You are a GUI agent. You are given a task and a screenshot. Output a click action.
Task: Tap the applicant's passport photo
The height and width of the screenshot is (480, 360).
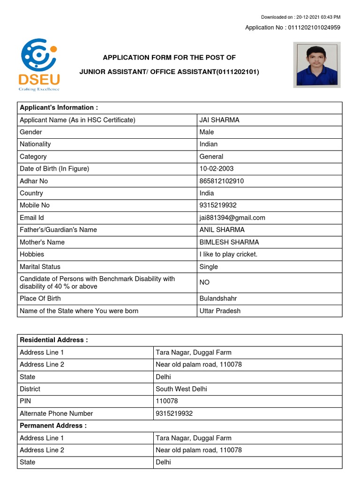(x=317, y=65)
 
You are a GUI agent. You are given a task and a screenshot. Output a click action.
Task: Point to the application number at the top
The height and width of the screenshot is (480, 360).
(x=292, y=28)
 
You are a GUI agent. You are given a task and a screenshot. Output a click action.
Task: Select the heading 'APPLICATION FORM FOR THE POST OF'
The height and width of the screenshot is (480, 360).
(x=169, y=58)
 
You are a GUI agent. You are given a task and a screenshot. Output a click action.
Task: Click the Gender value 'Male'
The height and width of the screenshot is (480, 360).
(x=207, y=132)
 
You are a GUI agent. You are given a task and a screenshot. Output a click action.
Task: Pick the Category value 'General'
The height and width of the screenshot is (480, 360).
(x=211, y=157)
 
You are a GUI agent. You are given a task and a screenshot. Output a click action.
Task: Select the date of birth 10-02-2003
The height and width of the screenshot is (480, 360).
(x=217, y=169)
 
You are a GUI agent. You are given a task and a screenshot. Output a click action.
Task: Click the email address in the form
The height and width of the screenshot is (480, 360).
(x=232, y=217)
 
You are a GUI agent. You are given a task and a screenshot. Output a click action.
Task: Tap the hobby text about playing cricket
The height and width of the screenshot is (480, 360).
(x=228, y=254)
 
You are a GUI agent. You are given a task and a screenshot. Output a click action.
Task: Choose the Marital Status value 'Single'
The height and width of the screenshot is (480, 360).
(x=209, y=267)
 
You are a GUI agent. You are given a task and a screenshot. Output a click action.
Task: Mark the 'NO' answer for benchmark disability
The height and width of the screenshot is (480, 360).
(x=205, y=282)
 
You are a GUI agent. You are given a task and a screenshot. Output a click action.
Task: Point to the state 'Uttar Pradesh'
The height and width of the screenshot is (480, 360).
(x=220, y=311)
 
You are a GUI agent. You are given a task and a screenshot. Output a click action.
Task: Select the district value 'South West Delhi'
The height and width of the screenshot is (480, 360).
(x=181, y=389)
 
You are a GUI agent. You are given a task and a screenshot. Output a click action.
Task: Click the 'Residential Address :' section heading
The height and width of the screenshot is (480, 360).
(x=54, y=340)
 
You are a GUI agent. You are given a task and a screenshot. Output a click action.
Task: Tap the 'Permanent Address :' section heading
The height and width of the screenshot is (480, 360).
(x=53, y=426)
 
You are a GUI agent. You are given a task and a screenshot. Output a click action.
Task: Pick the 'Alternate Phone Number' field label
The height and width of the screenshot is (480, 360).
(x=56, y=413)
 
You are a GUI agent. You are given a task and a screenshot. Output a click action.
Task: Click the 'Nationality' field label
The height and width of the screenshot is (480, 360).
(x=35, y=144)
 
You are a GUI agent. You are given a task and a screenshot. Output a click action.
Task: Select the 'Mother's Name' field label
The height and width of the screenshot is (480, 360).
(x=42, y=242)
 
